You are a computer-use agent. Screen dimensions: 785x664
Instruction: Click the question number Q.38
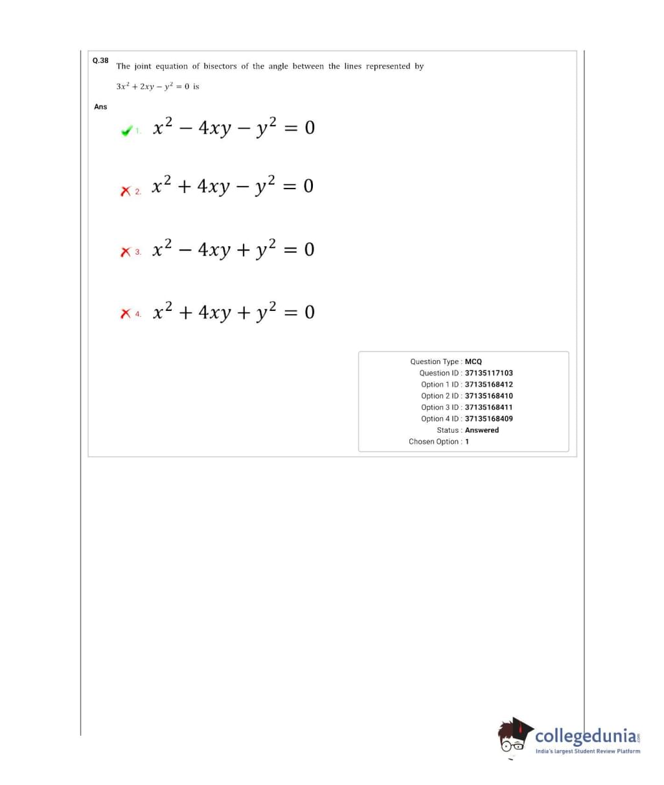(100, 60)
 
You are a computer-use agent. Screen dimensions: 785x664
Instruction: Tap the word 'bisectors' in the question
(220, 66)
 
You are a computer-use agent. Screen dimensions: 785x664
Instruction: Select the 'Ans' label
(100, 106)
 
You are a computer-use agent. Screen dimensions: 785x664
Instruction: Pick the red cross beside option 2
(125, 191)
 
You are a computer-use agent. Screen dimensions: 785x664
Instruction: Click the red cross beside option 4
(125, 313)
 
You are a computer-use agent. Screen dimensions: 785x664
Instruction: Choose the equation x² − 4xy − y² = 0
(234, 126)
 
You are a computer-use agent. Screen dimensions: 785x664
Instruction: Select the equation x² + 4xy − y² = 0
(233, 185)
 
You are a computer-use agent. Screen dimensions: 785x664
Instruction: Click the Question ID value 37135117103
(488, 373)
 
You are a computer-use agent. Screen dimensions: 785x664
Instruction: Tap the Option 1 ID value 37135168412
(488, 385)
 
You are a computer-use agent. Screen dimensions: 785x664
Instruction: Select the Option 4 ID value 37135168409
(488, 418)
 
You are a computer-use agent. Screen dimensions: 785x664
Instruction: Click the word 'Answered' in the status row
(482, 430)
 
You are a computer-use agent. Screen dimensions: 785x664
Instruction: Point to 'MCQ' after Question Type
(474, 361)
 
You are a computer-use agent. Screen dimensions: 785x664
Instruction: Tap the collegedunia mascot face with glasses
(514, 738)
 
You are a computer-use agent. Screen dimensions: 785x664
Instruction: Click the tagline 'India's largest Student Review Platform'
(588, 751)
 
